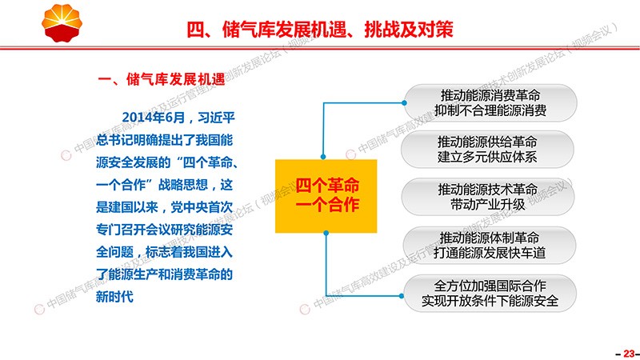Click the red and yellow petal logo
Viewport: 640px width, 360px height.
pos(62,22)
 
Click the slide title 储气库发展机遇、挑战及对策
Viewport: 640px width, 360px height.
pos(338,30)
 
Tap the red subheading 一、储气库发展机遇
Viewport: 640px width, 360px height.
pos(162,79)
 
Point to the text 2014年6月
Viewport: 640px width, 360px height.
pos(154,118)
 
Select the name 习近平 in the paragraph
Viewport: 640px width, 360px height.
pos(216,118)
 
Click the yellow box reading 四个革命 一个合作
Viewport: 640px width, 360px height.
pos(326,196)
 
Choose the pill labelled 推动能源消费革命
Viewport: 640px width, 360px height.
pos(490,103)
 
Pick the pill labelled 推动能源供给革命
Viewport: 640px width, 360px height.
pos(487,150)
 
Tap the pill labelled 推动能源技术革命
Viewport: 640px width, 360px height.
pos(488,197)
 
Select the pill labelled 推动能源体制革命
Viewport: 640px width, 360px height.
pos(489,245)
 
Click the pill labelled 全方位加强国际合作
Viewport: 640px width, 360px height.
pos(490,293)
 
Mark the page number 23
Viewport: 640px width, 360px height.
pos(629,354)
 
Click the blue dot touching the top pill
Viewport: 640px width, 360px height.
pos(404,103)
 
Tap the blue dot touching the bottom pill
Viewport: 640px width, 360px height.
pos(402,296)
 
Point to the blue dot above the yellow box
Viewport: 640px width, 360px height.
pos(323,157)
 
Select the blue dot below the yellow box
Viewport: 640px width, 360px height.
pos(326,233)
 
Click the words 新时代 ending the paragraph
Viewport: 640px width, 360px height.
pos(114,296)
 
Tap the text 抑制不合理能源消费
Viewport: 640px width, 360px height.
pos(490,110)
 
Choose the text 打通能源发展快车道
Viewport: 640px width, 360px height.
pos(490,253)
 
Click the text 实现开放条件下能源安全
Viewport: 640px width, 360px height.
pos(490,301)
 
